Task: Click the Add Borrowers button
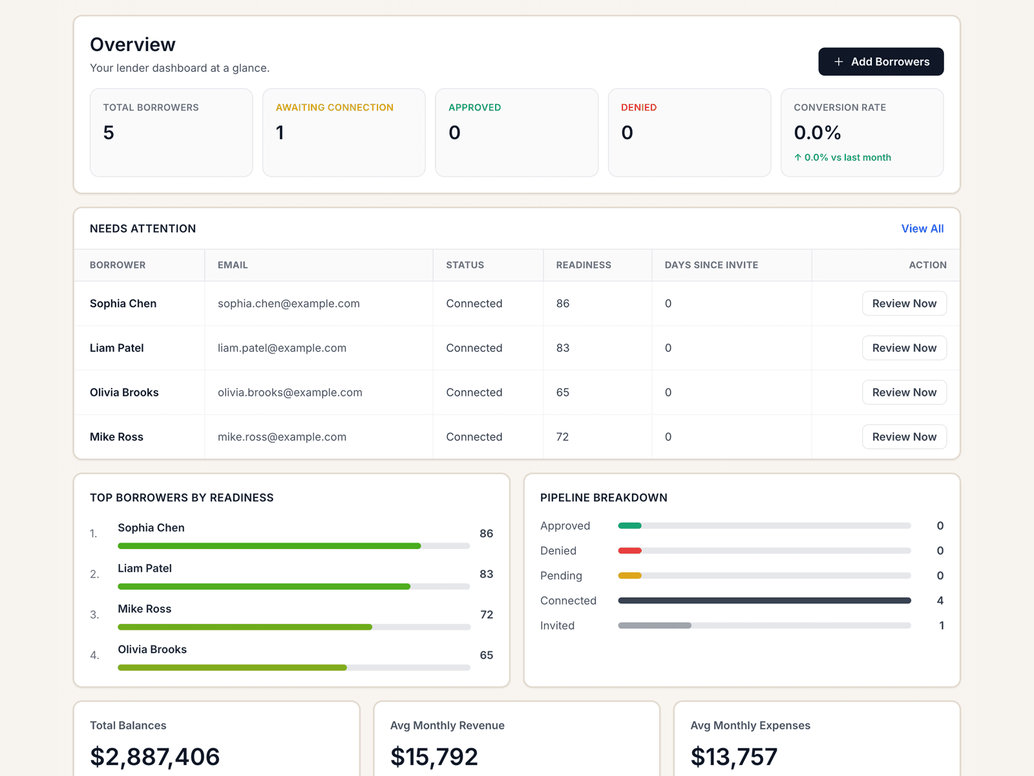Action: (x=881, y=61)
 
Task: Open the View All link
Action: (x=922, y=228)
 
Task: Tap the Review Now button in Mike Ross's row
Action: (x=903, y=436)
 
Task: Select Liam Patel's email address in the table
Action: (x=282, y=348)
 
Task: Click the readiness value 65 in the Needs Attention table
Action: (x=562, y=393)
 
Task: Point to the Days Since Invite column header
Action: (x=711, y=265)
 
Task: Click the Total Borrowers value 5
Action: (x=109, y=133)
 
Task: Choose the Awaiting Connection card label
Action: (x=334, y=107)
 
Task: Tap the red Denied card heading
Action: (x=638, y=107)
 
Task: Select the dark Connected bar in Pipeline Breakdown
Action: (x=764, y=601)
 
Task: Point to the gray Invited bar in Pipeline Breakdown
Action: (x=655, y=625)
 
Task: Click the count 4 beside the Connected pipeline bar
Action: (x=940, y=601)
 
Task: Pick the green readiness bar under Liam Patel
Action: (x=264, y=587)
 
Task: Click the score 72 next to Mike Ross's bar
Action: (x=487, y=614)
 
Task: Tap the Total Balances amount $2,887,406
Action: (x=155, y=757)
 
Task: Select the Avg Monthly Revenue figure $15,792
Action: (x=434, y=757)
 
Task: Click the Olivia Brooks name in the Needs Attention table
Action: (x=124, y=393)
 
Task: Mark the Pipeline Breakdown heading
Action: (x=604, y=497)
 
